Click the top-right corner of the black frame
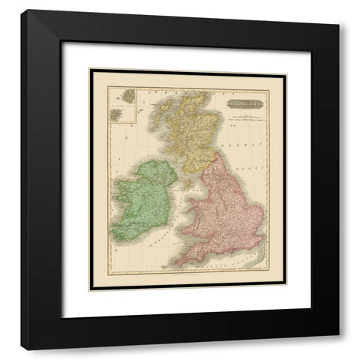[x=338, y=30]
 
